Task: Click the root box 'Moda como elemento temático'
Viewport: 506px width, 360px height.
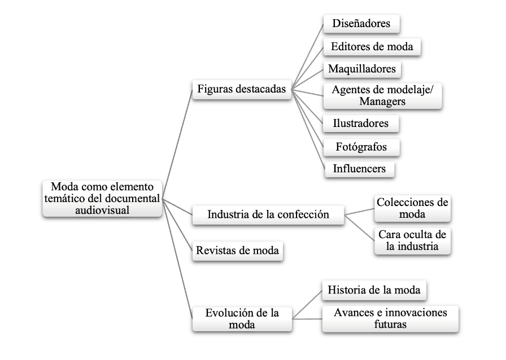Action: tap(102, 198)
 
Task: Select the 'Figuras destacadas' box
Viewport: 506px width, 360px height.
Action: tap(242, 90)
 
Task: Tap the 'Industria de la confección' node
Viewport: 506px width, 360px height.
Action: tap(268, 215)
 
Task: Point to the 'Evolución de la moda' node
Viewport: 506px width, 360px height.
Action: tap(242, 318)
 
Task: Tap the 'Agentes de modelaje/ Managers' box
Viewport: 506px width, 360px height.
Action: tap(382, 95)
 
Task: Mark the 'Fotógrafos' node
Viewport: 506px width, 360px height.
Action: tap(361, 146)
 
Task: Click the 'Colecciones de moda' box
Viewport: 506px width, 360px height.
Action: tap(413, 209)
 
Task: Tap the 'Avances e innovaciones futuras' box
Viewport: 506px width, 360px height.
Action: tap(390, 319)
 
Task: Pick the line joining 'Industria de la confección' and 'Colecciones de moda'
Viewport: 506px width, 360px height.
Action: tap(359, 211)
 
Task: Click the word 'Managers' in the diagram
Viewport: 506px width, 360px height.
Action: tap(382, 102)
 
